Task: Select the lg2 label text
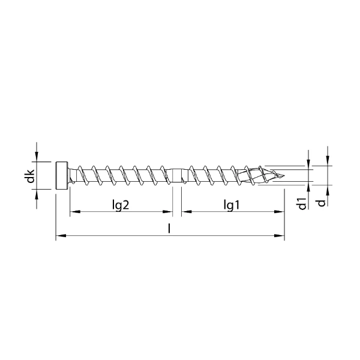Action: click(121, 205)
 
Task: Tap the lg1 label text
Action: click(232, 205)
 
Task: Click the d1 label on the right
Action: click(302, 203)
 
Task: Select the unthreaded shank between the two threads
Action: click(178, 176)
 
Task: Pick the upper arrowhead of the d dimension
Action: click(328, 161)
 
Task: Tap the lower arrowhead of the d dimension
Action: click(328, 190)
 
